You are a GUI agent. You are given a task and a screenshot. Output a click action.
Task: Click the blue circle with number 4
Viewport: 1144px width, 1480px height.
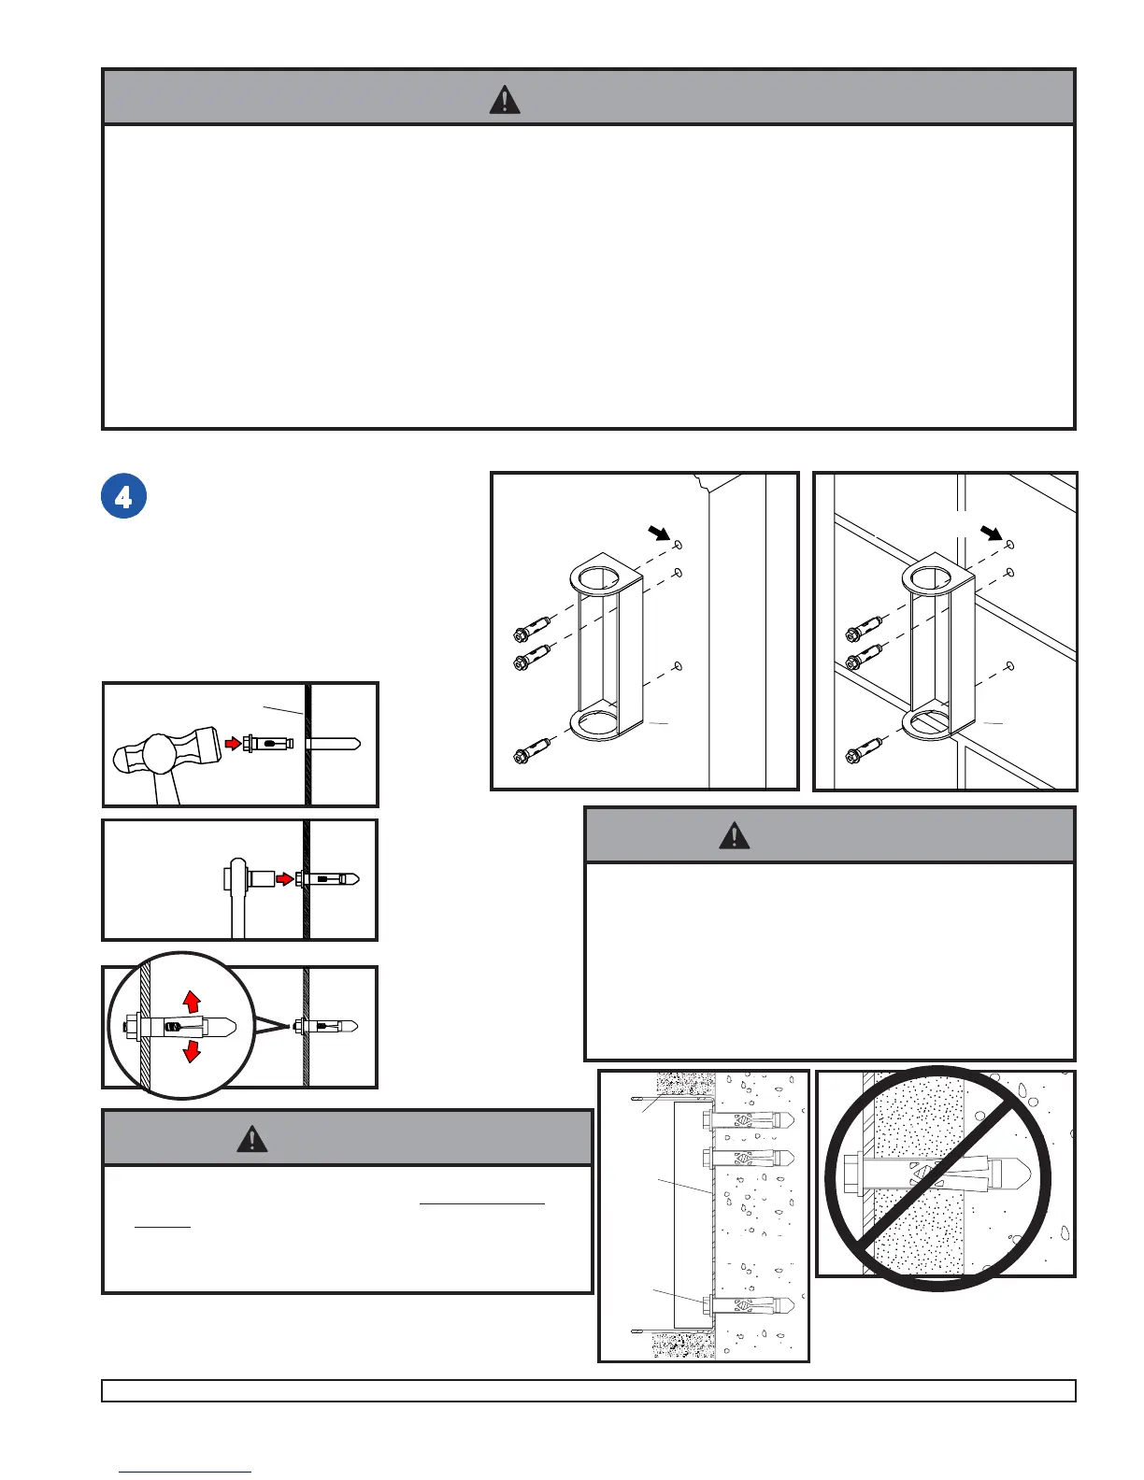click(123, 497)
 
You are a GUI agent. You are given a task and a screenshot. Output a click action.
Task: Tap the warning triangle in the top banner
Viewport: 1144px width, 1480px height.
click(505, 99)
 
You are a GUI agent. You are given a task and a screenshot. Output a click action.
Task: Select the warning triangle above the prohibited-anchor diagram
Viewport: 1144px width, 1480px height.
click(734, 835)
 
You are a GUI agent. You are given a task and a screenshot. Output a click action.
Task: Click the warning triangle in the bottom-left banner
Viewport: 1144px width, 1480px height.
click(252, 1138)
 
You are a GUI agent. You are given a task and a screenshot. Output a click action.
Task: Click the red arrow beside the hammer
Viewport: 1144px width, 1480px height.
click(234, 744)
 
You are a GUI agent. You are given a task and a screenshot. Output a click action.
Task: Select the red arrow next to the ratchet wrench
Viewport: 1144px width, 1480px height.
click(284, 879)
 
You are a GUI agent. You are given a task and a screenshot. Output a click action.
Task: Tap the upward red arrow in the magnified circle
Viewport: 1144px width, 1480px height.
click(192, 1002)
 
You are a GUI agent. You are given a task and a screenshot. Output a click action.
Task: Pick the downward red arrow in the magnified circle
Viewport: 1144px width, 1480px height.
click(192, 1051)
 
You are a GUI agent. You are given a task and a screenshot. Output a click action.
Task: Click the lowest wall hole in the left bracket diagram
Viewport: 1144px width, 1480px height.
click(679, 666)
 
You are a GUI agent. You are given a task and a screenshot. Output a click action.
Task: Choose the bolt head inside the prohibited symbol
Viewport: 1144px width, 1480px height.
click(853, 1169)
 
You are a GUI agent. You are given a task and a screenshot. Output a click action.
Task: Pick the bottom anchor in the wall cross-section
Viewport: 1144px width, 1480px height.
click(748, 1304)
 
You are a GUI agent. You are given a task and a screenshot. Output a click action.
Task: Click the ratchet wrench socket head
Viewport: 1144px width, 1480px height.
click(262, 879)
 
